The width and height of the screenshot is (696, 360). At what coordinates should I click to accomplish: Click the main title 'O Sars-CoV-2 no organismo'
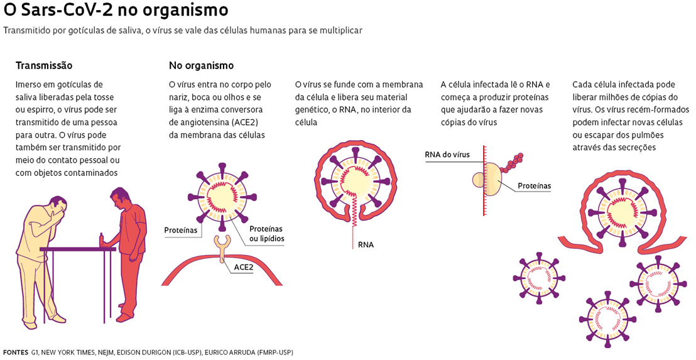pyautogui.click(x=116, y=11)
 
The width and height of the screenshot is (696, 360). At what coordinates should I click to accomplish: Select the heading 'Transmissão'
pyautogui.click(x=43, y=65)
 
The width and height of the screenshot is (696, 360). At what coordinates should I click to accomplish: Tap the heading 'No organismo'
pyautogui.click(x=201, y=65)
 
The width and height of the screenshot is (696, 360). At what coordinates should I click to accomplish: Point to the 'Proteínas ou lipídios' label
pyautogui.click(x=266, y=234)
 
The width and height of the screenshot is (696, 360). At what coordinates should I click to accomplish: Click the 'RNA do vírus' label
pyautogui.click(x=447, y=155)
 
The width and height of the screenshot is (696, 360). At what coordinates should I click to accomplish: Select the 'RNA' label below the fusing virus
pyautogui.click(x=366, y=244)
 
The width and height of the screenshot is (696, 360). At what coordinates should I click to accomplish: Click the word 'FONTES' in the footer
pyautogui.click(x=16, y=352)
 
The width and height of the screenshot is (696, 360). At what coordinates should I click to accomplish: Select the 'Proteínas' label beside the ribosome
pyautogui.click(x=535, y=186)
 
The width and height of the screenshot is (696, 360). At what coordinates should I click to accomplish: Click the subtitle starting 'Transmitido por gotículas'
pyautogui.click(x=183, y=30)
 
